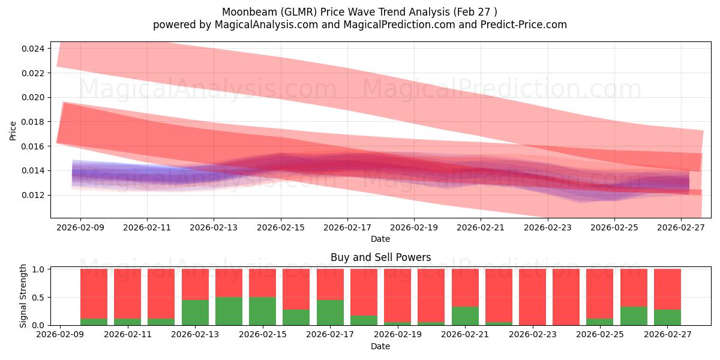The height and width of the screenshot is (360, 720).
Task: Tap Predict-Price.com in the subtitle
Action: [524, 25]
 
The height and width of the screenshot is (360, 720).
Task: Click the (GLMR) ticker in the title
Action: [299, 12]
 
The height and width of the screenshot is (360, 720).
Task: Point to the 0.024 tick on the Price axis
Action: [32, 49]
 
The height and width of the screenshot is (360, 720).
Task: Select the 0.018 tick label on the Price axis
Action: [32, 122]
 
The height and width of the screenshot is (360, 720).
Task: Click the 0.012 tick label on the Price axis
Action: [32, 195]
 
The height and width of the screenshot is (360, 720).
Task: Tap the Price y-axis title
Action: [13, 131]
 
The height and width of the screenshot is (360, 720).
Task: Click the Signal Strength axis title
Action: [23, 296]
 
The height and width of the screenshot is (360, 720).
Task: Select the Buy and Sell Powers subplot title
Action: [380, 257]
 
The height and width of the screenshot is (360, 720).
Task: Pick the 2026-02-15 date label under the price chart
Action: [281, 227]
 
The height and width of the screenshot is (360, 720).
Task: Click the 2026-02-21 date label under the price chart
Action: [481, 227]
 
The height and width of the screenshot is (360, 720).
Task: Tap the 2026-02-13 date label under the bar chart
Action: [195, 334]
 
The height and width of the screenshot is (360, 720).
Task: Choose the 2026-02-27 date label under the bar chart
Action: [667, 334]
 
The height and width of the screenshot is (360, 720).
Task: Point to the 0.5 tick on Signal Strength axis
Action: [38, 298]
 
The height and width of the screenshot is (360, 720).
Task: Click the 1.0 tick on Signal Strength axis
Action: [38, 269]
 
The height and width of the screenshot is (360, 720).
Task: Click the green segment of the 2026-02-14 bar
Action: [229, 311]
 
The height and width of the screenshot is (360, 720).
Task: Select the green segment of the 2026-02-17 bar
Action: [330, 313]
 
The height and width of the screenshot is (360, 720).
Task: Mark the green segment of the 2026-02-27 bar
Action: [667, 317]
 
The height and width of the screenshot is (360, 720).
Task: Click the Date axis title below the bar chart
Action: [380, 346]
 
